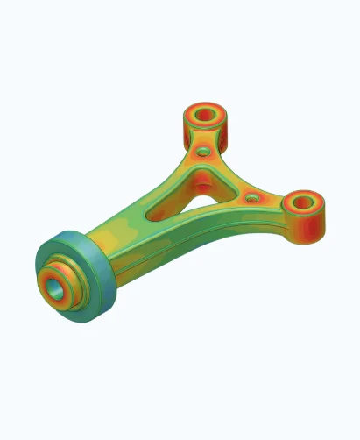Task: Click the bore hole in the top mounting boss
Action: coord(206,115)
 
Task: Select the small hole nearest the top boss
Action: coord(203,153)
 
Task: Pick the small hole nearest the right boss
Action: coord(252,198)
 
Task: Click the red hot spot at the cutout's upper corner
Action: coord(202,180)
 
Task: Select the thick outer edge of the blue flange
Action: coord(96,289)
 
